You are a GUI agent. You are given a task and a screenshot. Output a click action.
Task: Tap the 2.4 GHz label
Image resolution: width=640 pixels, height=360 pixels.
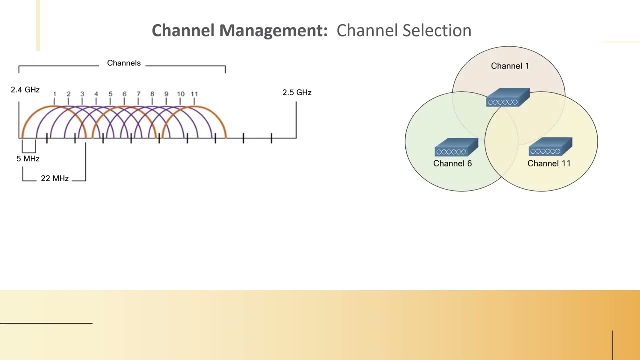coord(25,90)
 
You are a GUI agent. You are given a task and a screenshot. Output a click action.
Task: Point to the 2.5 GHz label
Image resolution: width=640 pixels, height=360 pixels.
coord(297,92)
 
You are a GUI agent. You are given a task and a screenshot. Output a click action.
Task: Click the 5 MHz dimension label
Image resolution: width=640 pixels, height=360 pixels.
coord(28,158)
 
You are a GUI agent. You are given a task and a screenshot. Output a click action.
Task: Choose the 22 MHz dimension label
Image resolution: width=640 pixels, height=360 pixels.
coord(55,178)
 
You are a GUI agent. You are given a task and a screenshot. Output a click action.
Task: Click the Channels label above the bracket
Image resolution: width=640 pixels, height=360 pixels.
coord(124,63)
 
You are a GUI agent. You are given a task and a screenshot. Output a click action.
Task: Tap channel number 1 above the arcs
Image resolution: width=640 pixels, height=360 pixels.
coord(54,94)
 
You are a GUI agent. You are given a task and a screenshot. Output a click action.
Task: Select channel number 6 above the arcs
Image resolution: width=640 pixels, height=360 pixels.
coord(124,94)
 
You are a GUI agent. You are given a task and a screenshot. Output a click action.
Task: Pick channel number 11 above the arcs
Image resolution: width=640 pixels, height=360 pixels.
coord(194,94)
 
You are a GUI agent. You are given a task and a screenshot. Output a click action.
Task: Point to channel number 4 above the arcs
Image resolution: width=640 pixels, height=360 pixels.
coord(96,94)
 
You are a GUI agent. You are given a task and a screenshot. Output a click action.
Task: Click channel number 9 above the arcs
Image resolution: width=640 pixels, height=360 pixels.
coord(166,94)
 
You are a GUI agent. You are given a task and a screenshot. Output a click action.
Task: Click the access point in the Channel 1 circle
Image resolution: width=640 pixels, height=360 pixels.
coord(508,98)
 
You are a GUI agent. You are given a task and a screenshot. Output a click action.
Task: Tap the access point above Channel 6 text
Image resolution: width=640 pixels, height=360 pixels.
coord(456,148)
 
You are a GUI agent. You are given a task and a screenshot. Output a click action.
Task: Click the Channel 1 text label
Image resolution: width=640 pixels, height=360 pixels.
coord(510,66)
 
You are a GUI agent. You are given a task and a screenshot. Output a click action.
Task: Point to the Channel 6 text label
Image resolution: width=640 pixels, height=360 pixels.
coord(452,163)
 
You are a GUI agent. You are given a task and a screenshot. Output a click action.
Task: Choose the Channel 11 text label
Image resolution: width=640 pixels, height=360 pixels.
coord(549,163)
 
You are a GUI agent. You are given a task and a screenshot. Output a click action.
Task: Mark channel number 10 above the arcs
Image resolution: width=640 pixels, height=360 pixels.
coord(180,94)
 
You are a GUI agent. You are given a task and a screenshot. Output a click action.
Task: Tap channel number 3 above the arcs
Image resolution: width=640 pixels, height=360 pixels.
coord(82,94)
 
